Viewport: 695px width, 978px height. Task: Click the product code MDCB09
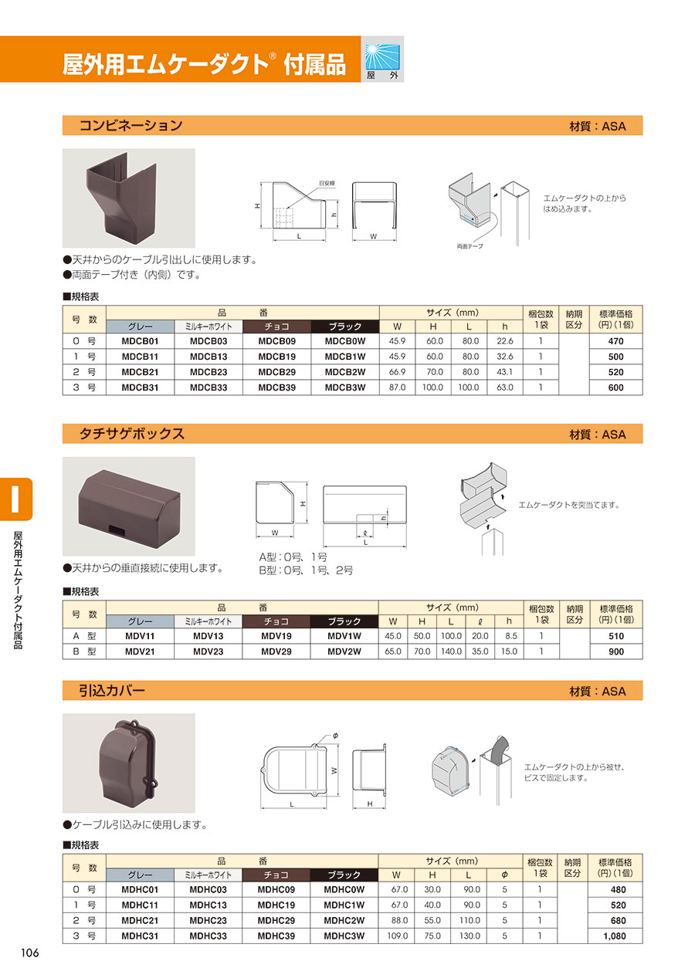point(276,341)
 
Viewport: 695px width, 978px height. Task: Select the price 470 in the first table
point(615,341)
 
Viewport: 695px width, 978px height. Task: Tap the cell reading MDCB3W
point(344,387)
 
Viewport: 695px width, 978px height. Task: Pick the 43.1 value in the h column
point(504,372)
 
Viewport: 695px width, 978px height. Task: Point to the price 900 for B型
point(616,651)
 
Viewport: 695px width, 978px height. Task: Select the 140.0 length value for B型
point(451,651)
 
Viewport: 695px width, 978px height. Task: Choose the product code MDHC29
point(276,920)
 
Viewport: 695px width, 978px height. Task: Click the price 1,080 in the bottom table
point(615,936)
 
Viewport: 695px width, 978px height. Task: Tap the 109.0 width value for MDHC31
point(397,936)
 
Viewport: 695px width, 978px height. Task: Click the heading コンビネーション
point(131,126)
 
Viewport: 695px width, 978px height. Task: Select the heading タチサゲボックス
point(131,434)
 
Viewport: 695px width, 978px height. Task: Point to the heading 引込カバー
point(111,690)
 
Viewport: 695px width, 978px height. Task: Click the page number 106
point(29,953)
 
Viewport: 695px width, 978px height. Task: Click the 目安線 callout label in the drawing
point(327,184)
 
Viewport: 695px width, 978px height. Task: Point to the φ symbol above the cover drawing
point(335,736)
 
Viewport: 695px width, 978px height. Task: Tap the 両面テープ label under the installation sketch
point(470,246)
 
